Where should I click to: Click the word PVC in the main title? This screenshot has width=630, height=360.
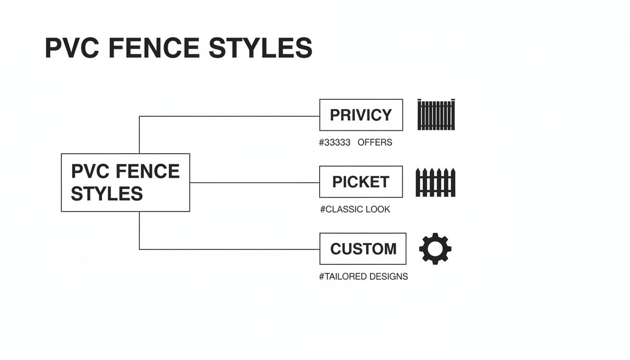(x=71, y=48)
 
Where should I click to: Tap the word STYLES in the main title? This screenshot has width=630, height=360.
(x=260, y=48)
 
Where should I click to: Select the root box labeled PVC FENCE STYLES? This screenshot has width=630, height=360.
(x=125, y=182)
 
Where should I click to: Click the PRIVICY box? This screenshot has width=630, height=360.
(x=361, y=115)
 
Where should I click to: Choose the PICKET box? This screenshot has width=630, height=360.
(x=360, y=182)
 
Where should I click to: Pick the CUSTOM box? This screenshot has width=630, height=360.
(x=363, y=249)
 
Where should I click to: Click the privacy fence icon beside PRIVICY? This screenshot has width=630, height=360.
(x=436, y=114)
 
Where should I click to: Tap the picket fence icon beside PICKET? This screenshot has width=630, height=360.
(x=435, y=182)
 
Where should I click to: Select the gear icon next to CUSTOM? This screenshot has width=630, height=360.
(x=435, y=248)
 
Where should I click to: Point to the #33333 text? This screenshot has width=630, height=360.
(x=334, y=142)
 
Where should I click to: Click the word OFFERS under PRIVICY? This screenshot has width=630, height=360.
(x=375, y=142)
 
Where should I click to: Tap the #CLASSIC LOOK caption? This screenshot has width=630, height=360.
(x=355, y=210)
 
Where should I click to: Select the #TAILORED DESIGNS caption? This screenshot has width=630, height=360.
(x=363, y=277)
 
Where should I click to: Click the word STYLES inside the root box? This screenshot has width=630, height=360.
(x=107, y=194)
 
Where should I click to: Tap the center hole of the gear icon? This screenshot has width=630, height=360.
(x=435, y=248)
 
